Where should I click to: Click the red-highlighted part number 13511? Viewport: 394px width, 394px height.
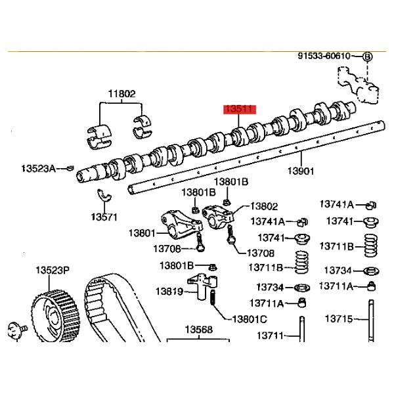240,110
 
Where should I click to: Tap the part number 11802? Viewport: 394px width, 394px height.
122,94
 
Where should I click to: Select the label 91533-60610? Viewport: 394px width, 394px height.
324,56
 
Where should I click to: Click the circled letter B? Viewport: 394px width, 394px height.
367,56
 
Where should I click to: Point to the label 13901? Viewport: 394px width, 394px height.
301,171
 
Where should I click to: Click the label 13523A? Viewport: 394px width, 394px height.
39,168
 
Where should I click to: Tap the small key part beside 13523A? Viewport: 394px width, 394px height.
70,168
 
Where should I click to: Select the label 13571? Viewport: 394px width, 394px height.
104,217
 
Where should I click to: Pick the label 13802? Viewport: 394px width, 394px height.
264,206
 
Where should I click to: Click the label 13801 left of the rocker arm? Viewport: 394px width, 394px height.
142,233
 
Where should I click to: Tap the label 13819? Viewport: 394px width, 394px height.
169,292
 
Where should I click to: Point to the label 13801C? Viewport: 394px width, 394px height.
250,319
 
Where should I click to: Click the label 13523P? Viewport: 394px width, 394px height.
53,271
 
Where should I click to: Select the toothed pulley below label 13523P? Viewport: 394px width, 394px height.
56,315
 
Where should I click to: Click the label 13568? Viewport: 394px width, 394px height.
199,330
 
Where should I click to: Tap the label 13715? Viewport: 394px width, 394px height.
339,319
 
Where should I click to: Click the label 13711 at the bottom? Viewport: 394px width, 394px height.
270,336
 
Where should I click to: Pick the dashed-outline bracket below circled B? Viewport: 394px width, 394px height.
358,85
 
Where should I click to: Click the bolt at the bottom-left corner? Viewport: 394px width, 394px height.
18,330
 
